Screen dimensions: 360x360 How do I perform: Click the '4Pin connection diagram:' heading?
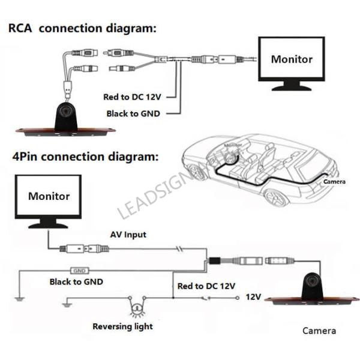click(85, 157)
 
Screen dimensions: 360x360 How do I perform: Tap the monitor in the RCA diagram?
click(292, 61)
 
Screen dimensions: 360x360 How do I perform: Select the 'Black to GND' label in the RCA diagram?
click(133, 113)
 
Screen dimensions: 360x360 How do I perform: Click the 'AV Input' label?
click(128, 235)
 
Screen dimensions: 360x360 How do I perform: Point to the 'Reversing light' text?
click(122, 326)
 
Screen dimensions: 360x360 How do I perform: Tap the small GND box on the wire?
click(80, 271)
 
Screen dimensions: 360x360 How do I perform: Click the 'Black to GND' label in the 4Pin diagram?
click(76, 281)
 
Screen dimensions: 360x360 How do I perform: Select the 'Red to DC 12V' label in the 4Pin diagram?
click(206, 286)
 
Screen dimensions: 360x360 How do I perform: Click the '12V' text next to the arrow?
click(254, 297)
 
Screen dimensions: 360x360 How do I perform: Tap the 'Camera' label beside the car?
click(334, 181)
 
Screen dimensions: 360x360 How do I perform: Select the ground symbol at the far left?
click(19, 298)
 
